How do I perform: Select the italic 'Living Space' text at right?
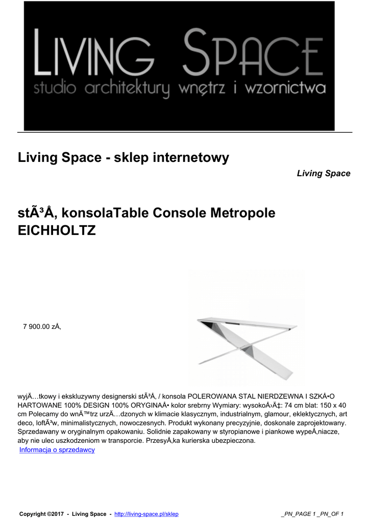coord(324,174)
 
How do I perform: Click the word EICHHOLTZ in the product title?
coord(57,230)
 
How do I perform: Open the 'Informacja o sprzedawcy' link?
coord(57,449)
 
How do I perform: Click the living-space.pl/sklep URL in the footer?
coord(146,514)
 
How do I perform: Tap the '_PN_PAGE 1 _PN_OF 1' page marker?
coord(312,514)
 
